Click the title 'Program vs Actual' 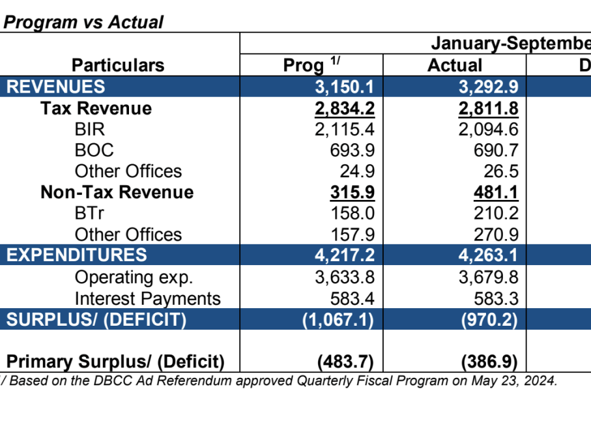point(83,22)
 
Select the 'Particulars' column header point(118,65)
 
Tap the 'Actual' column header point(455,65)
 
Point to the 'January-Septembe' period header point(510,44)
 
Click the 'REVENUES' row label point(55,87)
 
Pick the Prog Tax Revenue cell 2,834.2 point(344,108)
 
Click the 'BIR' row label point(89,129)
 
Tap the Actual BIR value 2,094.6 point(488,129)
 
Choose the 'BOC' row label point(94,150)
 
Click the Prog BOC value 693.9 point(353,150)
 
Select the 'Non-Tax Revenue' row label point(117,192)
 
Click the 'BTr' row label point(89,214)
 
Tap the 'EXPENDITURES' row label point(77,255)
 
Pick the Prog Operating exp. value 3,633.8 point(345,277)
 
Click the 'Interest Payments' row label point(147,298)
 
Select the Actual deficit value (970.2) point(489,320)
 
